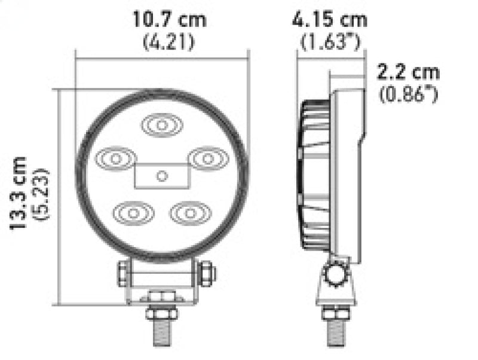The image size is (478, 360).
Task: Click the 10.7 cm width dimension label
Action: [169, 19]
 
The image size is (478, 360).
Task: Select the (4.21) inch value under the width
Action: [169, 42]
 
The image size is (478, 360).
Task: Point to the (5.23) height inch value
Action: [42, 195]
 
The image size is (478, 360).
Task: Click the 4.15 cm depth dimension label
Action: [330, 19]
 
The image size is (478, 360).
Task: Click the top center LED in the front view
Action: [161, 125]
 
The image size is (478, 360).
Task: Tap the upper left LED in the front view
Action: [114, 159]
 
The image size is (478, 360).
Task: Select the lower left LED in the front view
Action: [132, 212]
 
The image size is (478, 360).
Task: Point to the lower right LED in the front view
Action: [189, 212]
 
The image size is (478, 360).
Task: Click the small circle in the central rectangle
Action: [161, 175]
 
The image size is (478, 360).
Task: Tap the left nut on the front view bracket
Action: [123, 273]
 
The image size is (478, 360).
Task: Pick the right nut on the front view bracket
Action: [206, 273]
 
